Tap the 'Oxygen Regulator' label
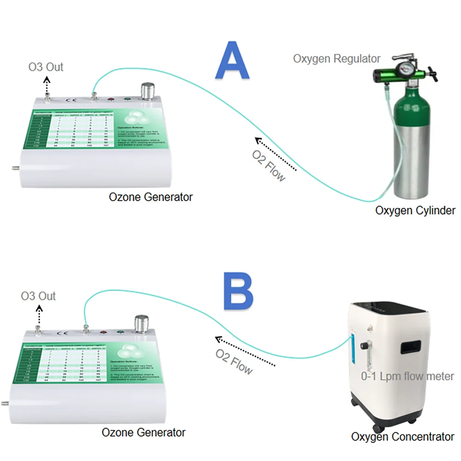click(x=337, y=59)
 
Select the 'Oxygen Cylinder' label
click(x=415, y=211)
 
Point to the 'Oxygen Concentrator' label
click(x=402, y=436)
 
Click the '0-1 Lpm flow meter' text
click(x=408, y=377)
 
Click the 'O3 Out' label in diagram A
click(x=46, y=67)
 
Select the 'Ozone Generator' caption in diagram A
click(x=151, y=197)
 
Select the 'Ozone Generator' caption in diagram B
click(x=143, y=432)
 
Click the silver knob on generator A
click(x=148, y=91)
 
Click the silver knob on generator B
click(x=141, y=324)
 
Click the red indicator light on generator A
click(x=111, y=98)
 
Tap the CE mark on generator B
click(x=61, y=332)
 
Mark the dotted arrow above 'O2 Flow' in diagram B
click(x=245, y=353)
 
